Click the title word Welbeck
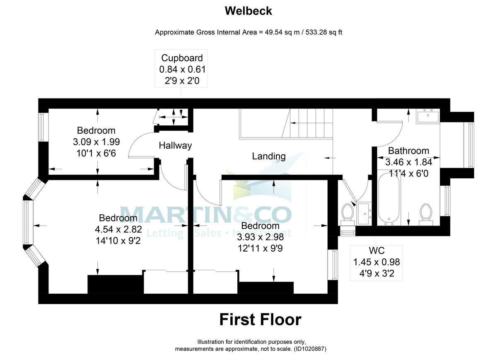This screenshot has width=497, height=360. tap(248, 11)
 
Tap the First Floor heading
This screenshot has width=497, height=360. tap(260, 319)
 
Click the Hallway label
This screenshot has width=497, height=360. tap(176, 146)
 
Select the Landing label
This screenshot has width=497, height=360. tap(269, 156)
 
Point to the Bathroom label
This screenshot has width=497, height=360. tap(408, 151)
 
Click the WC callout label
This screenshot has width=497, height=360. tap(376, 250)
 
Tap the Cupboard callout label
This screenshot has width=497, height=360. tap(182, 58)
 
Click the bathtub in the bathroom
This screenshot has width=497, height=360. tap(388, 199)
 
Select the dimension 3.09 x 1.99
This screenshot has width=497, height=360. tap(97, 142)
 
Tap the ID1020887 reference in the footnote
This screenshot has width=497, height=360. tap(310, 349)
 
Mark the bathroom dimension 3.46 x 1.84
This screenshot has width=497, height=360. tap(408, 162)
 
